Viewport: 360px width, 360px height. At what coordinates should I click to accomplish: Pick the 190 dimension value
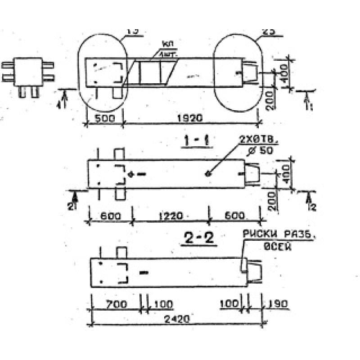(276, 305)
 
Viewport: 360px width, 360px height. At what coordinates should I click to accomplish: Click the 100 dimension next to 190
(229, 305)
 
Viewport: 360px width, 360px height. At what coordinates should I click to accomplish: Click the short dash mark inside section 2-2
(144, 272)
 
